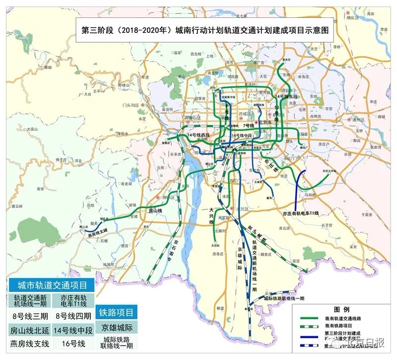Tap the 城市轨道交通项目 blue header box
pos(49,286)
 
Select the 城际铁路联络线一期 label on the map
pos(284,298)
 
